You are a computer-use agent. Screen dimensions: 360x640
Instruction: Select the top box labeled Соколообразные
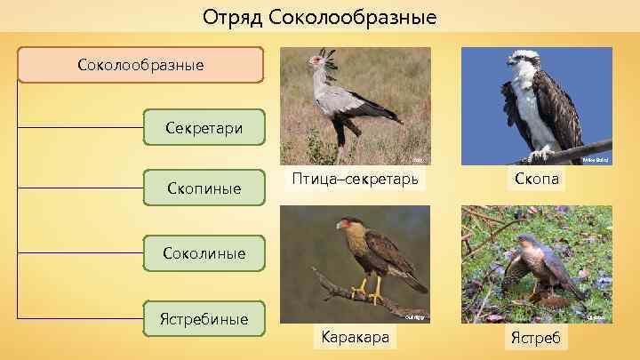coord(140,65)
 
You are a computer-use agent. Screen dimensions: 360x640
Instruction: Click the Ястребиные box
coord(204,318)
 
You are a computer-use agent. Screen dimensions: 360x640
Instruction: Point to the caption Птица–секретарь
coord(355,180)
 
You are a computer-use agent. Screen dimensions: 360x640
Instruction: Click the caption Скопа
coord(537,180)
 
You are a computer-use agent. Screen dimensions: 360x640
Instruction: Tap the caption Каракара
coord(355,338)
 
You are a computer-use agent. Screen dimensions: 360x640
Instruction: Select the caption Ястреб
coord(537,338)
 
